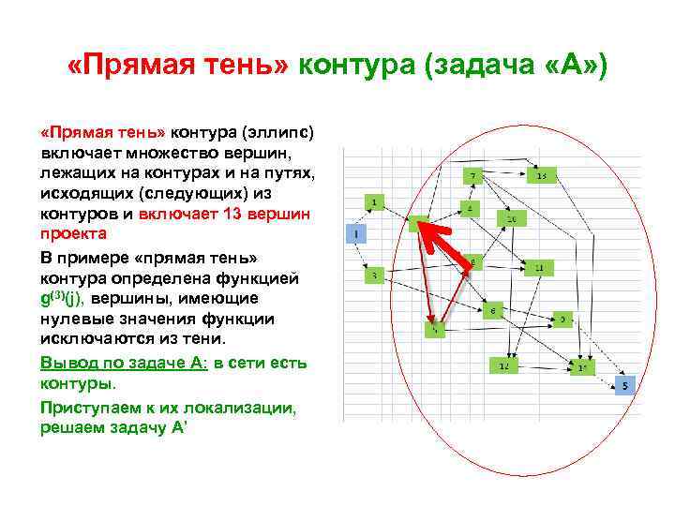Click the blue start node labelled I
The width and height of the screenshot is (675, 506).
356,232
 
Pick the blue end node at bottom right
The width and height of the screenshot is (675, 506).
625,385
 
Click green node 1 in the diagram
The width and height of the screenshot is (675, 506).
374,202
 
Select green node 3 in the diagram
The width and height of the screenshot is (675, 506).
374,275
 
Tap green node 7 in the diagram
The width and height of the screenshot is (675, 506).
474,175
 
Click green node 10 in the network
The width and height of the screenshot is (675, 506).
511,218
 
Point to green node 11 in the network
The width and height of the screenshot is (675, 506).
538,268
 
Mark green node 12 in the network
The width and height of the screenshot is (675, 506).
503,365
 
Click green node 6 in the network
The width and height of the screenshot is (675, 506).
493,309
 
